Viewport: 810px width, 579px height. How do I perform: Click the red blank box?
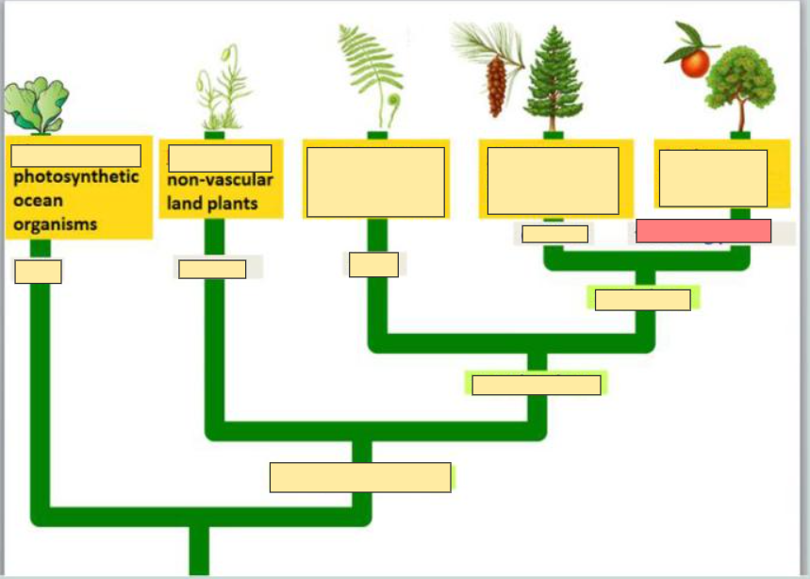tap(703, 231)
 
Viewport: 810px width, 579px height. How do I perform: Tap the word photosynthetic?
tap(76, 177)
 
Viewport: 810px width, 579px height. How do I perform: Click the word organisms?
tap(56, 225)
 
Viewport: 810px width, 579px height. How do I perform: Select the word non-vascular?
tap(220, 181)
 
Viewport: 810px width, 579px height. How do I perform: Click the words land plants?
tap(212, 204)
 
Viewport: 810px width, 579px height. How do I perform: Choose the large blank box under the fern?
tap(375, 181)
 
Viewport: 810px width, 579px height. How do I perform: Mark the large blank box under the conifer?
tap(553, 180)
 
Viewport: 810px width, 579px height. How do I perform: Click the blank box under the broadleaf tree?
tap(713, 177)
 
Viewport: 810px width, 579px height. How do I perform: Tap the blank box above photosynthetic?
tap(76, 156)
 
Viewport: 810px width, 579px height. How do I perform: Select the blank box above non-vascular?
tap(220, 157)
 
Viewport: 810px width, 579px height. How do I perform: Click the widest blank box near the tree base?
tap(360, 477)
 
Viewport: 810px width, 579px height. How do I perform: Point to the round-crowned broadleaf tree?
tap(740, 80)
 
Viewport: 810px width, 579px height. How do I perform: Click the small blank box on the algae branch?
tap(39, 272)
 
